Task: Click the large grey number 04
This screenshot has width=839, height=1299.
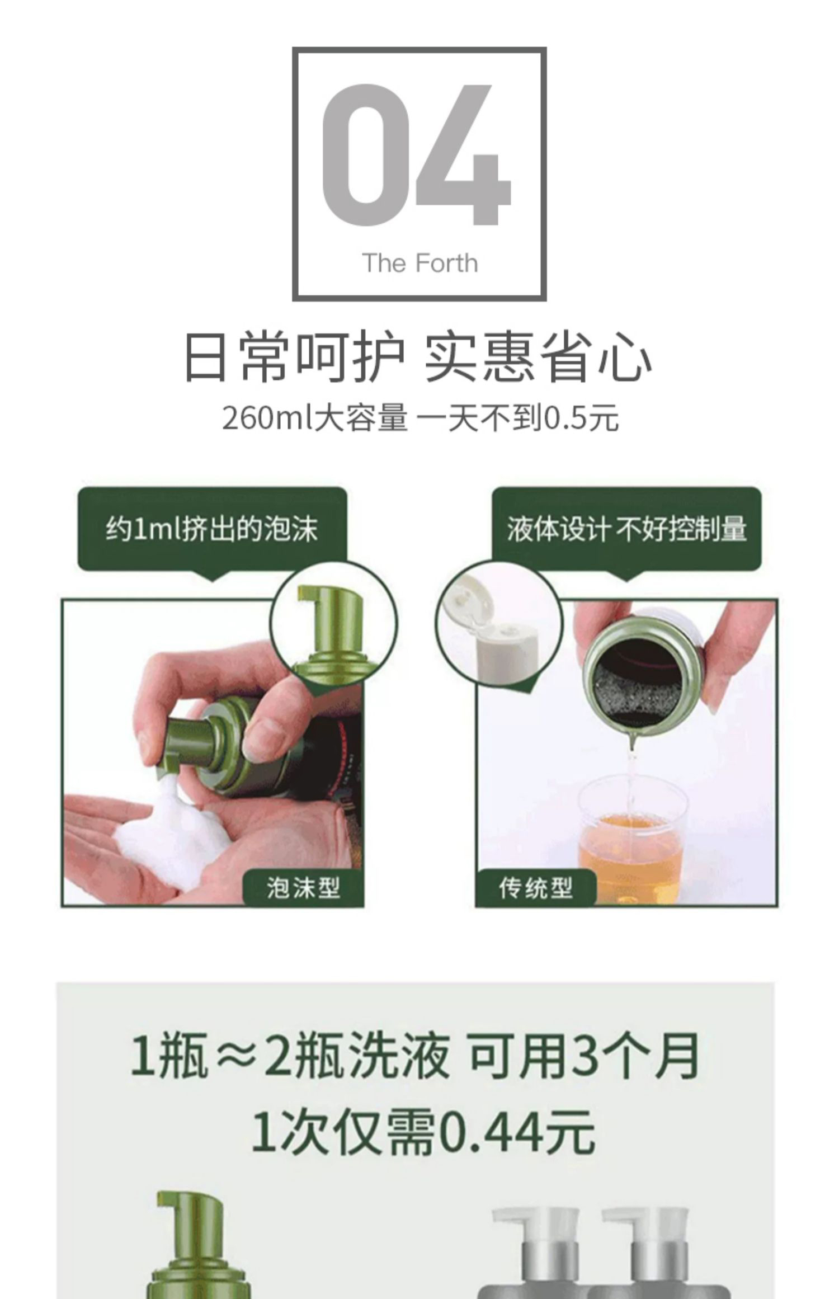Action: pos(416,154)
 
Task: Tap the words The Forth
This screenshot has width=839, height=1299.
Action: pos(419,263)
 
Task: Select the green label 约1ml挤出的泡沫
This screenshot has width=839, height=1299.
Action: pos(212,529)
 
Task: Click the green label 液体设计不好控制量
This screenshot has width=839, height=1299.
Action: pos(627,529)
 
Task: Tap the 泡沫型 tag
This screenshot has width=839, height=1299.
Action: pos(303,887)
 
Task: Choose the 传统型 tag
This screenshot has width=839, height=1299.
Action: pos(535,887)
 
